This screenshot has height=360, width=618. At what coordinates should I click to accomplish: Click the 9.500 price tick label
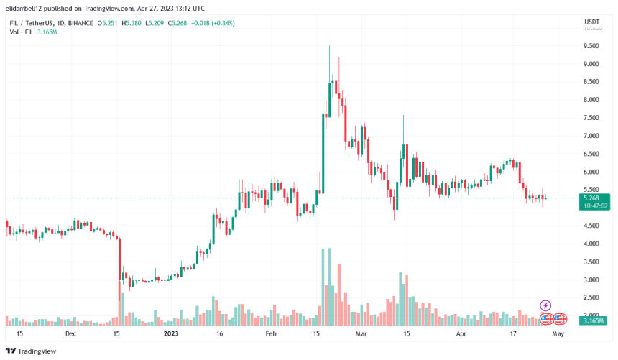pos(591,46)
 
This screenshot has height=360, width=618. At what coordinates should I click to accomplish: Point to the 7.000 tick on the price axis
pos(591,136)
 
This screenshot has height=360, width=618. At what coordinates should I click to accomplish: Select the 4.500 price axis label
pos(591,226)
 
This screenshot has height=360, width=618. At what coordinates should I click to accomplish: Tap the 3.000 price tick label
pos(591,280)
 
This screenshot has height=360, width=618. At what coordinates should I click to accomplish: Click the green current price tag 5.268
pos(596,198)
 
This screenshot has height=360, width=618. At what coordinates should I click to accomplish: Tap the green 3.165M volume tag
pos(594,320)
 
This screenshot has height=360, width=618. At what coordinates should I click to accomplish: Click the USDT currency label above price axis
pos(591,22)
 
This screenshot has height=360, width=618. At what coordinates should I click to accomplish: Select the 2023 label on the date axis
pos(171,334)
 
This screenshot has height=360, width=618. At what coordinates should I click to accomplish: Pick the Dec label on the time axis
pos(70,334)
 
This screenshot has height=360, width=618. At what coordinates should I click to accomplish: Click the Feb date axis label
pos(271,334)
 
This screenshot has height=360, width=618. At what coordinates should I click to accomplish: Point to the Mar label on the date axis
pos(361,334)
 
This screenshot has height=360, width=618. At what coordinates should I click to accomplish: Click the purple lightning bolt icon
pos(545,306)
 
